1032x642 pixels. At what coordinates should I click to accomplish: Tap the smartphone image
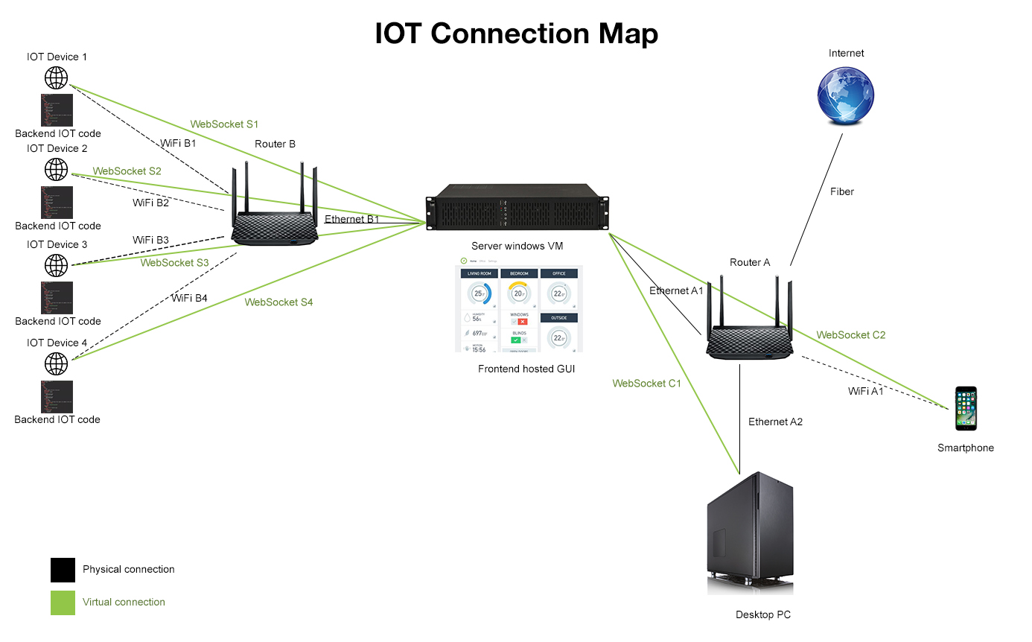(966, 408)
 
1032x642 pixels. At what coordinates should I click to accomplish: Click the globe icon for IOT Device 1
(56, 77)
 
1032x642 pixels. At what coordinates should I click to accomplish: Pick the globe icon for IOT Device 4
(56, 363)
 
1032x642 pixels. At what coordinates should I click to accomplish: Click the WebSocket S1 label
(224, 124)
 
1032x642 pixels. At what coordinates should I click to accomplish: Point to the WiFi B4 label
(189, 298)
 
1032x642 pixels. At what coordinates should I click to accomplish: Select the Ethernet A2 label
(775, 422)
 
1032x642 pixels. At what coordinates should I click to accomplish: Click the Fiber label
(842, 191)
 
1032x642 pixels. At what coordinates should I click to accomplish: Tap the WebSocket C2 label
(850, 335)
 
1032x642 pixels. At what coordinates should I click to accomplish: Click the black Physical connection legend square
(63, 570)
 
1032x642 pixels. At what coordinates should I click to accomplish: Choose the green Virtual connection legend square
(63, 603)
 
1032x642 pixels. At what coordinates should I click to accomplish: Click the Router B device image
(275, 216)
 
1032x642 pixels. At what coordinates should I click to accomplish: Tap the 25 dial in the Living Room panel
(479, 293)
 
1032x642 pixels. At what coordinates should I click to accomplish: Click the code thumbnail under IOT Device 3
(57, 297)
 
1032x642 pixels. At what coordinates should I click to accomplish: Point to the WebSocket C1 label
(646, 384)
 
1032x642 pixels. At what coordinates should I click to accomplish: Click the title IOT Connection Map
(516, 34)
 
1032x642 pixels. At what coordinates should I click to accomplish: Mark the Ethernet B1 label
(351, 219)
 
